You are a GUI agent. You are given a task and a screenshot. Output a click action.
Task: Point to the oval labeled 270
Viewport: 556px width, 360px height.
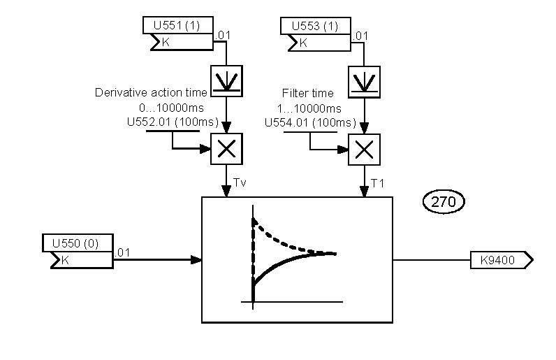(x=444, y=203)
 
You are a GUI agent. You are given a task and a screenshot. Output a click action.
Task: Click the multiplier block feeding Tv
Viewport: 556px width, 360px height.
(x=226, y=149)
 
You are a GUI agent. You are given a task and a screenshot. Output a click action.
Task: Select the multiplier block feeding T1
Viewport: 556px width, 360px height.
(x=364, y=149)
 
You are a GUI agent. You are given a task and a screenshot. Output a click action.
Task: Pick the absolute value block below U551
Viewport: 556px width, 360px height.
(x=226, y=81)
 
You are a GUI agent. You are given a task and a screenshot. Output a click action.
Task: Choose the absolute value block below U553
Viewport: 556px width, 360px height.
(x=364, y=81)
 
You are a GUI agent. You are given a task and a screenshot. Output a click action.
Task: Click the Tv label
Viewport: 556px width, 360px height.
(x=240, y=182)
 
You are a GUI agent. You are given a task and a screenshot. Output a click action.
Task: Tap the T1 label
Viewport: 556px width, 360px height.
(x=377, y=182)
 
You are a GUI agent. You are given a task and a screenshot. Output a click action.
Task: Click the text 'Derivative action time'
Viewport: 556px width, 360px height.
(x=151, y=92)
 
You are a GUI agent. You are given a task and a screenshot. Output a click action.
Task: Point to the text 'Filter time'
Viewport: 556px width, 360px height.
(x=307, y=93)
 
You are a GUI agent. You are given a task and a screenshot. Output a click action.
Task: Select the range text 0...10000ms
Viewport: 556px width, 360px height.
(x=171, y=108)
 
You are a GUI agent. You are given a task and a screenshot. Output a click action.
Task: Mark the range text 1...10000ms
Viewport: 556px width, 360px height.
(x=309, y=108)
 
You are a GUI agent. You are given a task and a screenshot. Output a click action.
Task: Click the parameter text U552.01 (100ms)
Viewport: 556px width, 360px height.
(x=172, y=122)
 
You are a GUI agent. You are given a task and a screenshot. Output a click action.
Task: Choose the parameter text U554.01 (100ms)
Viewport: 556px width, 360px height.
(x=309, y=122)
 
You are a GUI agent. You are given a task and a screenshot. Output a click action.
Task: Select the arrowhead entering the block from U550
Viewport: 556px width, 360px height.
(x=197, y=260)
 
